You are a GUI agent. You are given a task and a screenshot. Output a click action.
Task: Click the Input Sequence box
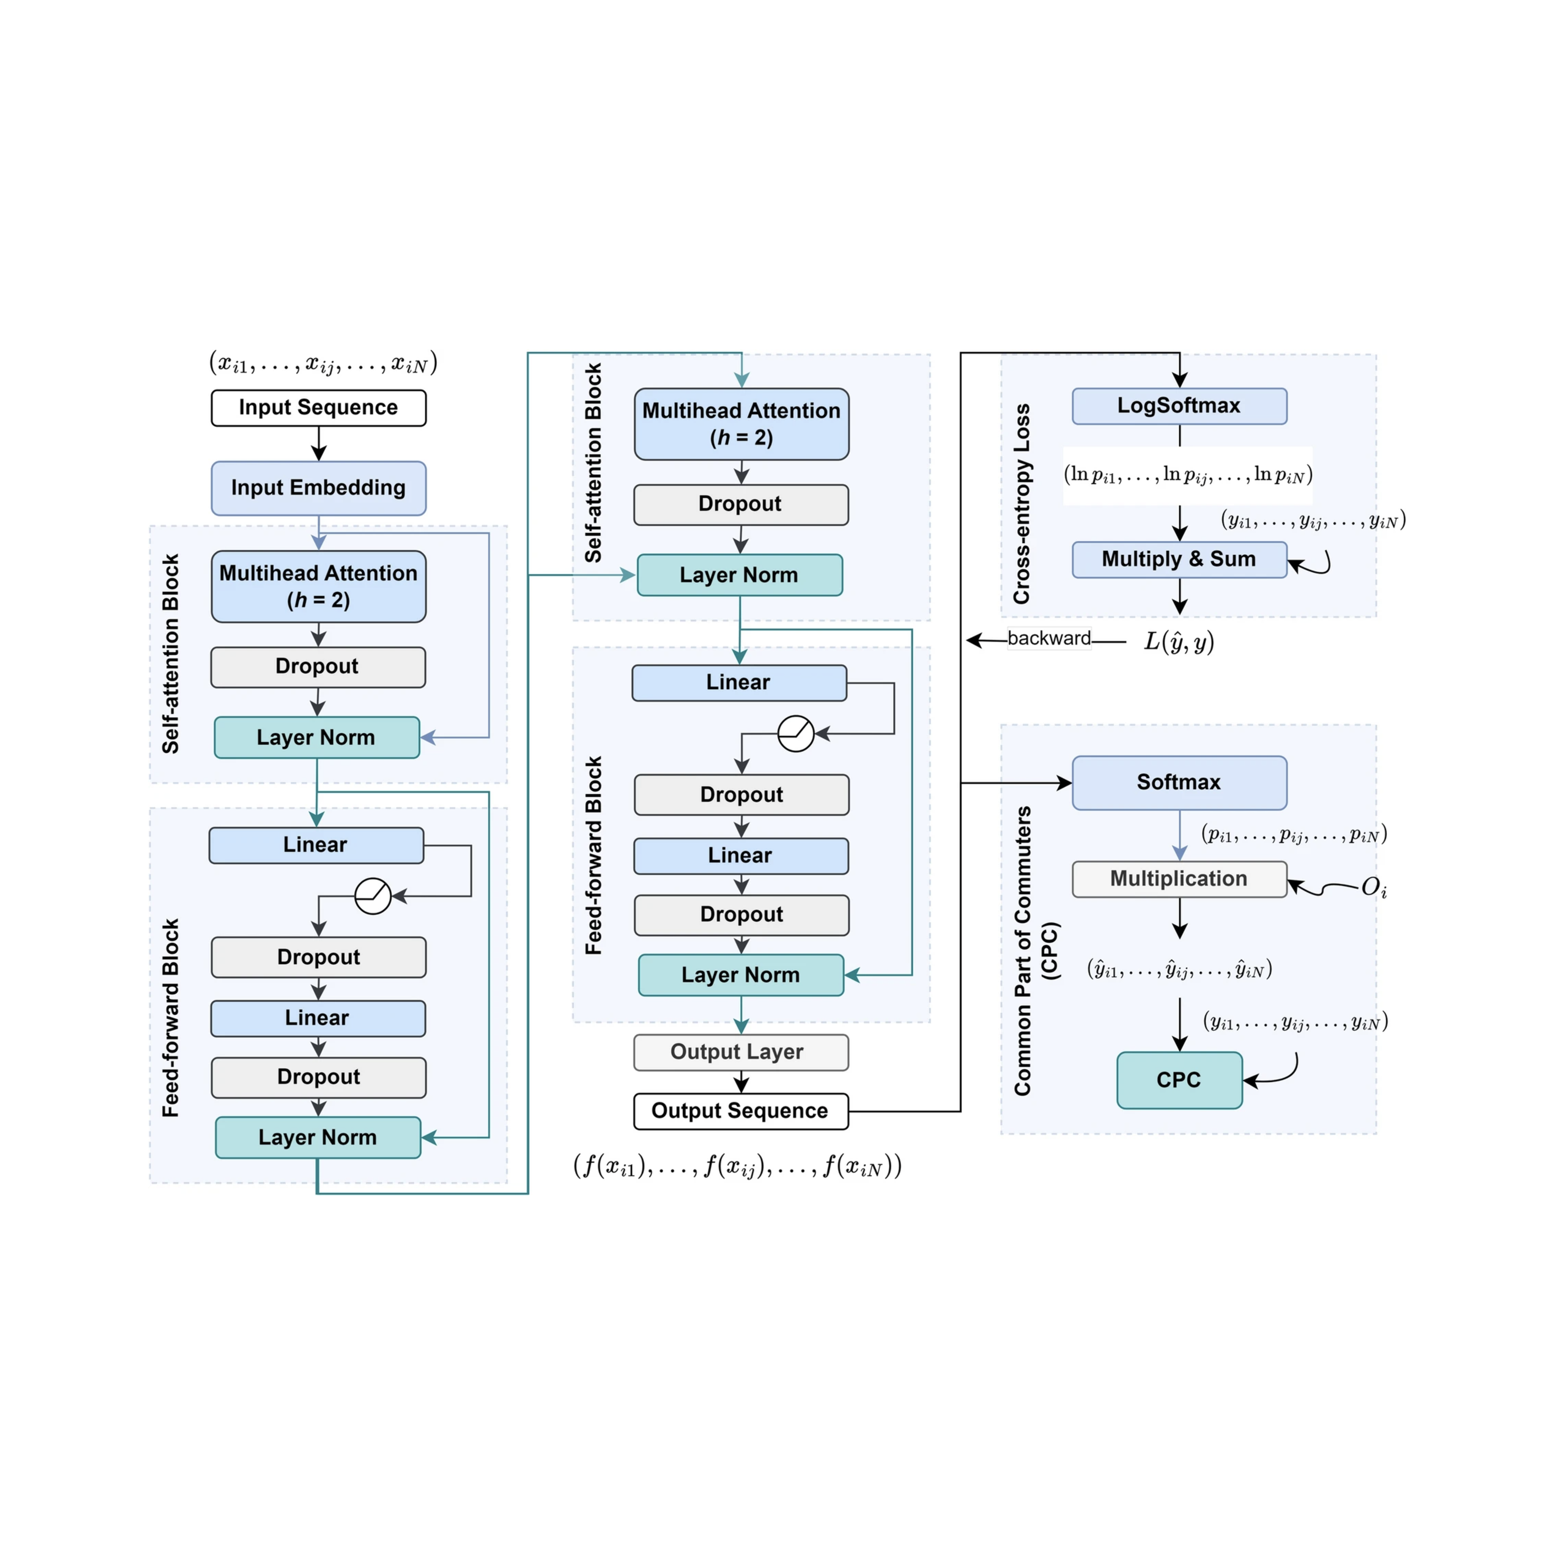click(x=318, y=408)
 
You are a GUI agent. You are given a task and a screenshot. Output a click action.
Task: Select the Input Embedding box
click(x=318, y=487)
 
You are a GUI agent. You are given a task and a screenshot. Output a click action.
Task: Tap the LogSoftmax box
click(x=1178, y=406)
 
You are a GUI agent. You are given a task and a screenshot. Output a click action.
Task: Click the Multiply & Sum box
click(x=1178, y=559)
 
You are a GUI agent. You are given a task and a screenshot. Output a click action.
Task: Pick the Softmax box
click(x=1178, y=783)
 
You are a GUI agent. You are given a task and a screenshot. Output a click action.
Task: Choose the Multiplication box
click(x=1178, y=879)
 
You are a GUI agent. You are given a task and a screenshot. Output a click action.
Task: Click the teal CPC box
click(x=1178, y=1080)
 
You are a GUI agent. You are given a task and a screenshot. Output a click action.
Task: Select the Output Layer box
click(x=740, y=1052)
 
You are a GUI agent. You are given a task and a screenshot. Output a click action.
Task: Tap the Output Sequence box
click(x=740, y=1111)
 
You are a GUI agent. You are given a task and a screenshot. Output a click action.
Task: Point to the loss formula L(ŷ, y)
click(x=1178, y=641)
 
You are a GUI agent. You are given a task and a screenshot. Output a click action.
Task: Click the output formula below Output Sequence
click(x=737, y=1166)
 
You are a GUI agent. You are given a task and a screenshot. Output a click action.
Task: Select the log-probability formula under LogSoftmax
click(x=1187, y=475)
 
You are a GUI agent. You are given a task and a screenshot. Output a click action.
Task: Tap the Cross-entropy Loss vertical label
click(x=1022, y=503)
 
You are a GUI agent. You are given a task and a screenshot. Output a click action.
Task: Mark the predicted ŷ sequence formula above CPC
click(x=1178, y=970)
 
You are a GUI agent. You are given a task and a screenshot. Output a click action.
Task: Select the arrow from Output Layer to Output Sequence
click(x=741, y=1082)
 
